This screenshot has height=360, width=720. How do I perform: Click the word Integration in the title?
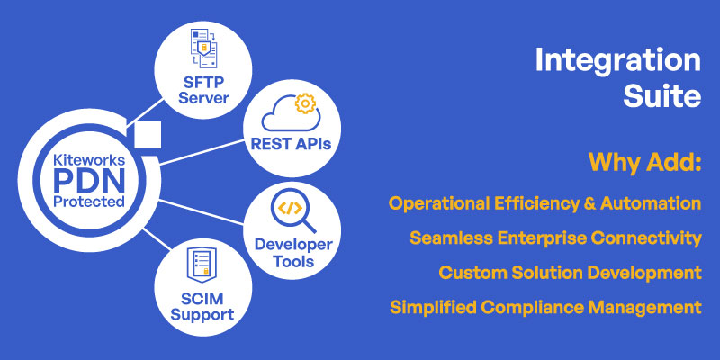tap(618, 60)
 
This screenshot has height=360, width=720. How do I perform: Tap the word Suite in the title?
tap(661, 96)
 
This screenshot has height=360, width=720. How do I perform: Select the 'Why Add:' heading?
tap(645, 162)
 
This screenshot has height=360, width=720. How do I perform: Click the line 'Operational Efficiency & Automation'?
tap(545, 203)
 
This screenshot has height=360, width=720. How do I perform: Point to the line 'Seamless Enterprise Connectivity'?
tap(555, 238)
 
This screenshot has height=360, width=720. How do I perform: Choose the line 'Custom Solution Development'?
tap(571, 273)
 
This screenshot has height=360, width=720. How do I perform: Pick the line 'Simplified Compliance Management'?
tap(545, 307)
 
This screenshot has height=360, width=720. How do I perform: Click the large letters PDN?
tap(89, 181)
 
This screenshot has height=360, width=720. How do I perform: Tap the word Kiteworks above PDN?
tap(89, 160)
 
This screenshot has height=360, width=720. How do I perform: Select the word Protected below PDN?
tap(89, 201)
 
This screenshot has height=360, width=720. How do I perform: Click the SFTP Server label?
tap(203, 90)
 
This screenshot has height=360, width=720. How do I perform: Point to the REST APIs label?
tap(291, 144)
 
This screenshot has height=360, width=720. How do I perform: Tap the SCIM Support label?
tap(202, 307)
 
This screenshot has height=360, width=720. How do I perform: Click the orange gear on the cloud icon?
tap(305, 103)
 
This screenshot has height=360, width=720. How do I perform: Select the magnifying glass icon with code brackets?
tap(293, 211)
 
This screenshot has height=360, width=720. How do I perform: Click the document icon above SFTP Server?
tap(203, 49)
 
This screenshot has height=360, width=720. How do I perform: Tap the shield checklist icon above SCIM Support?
tap(202, 265)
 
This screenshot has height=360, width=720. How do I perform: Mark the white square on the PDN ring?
tap(148, 135)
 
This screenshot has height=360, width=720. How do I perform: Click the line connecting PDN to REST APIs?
tap(202, 152)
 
